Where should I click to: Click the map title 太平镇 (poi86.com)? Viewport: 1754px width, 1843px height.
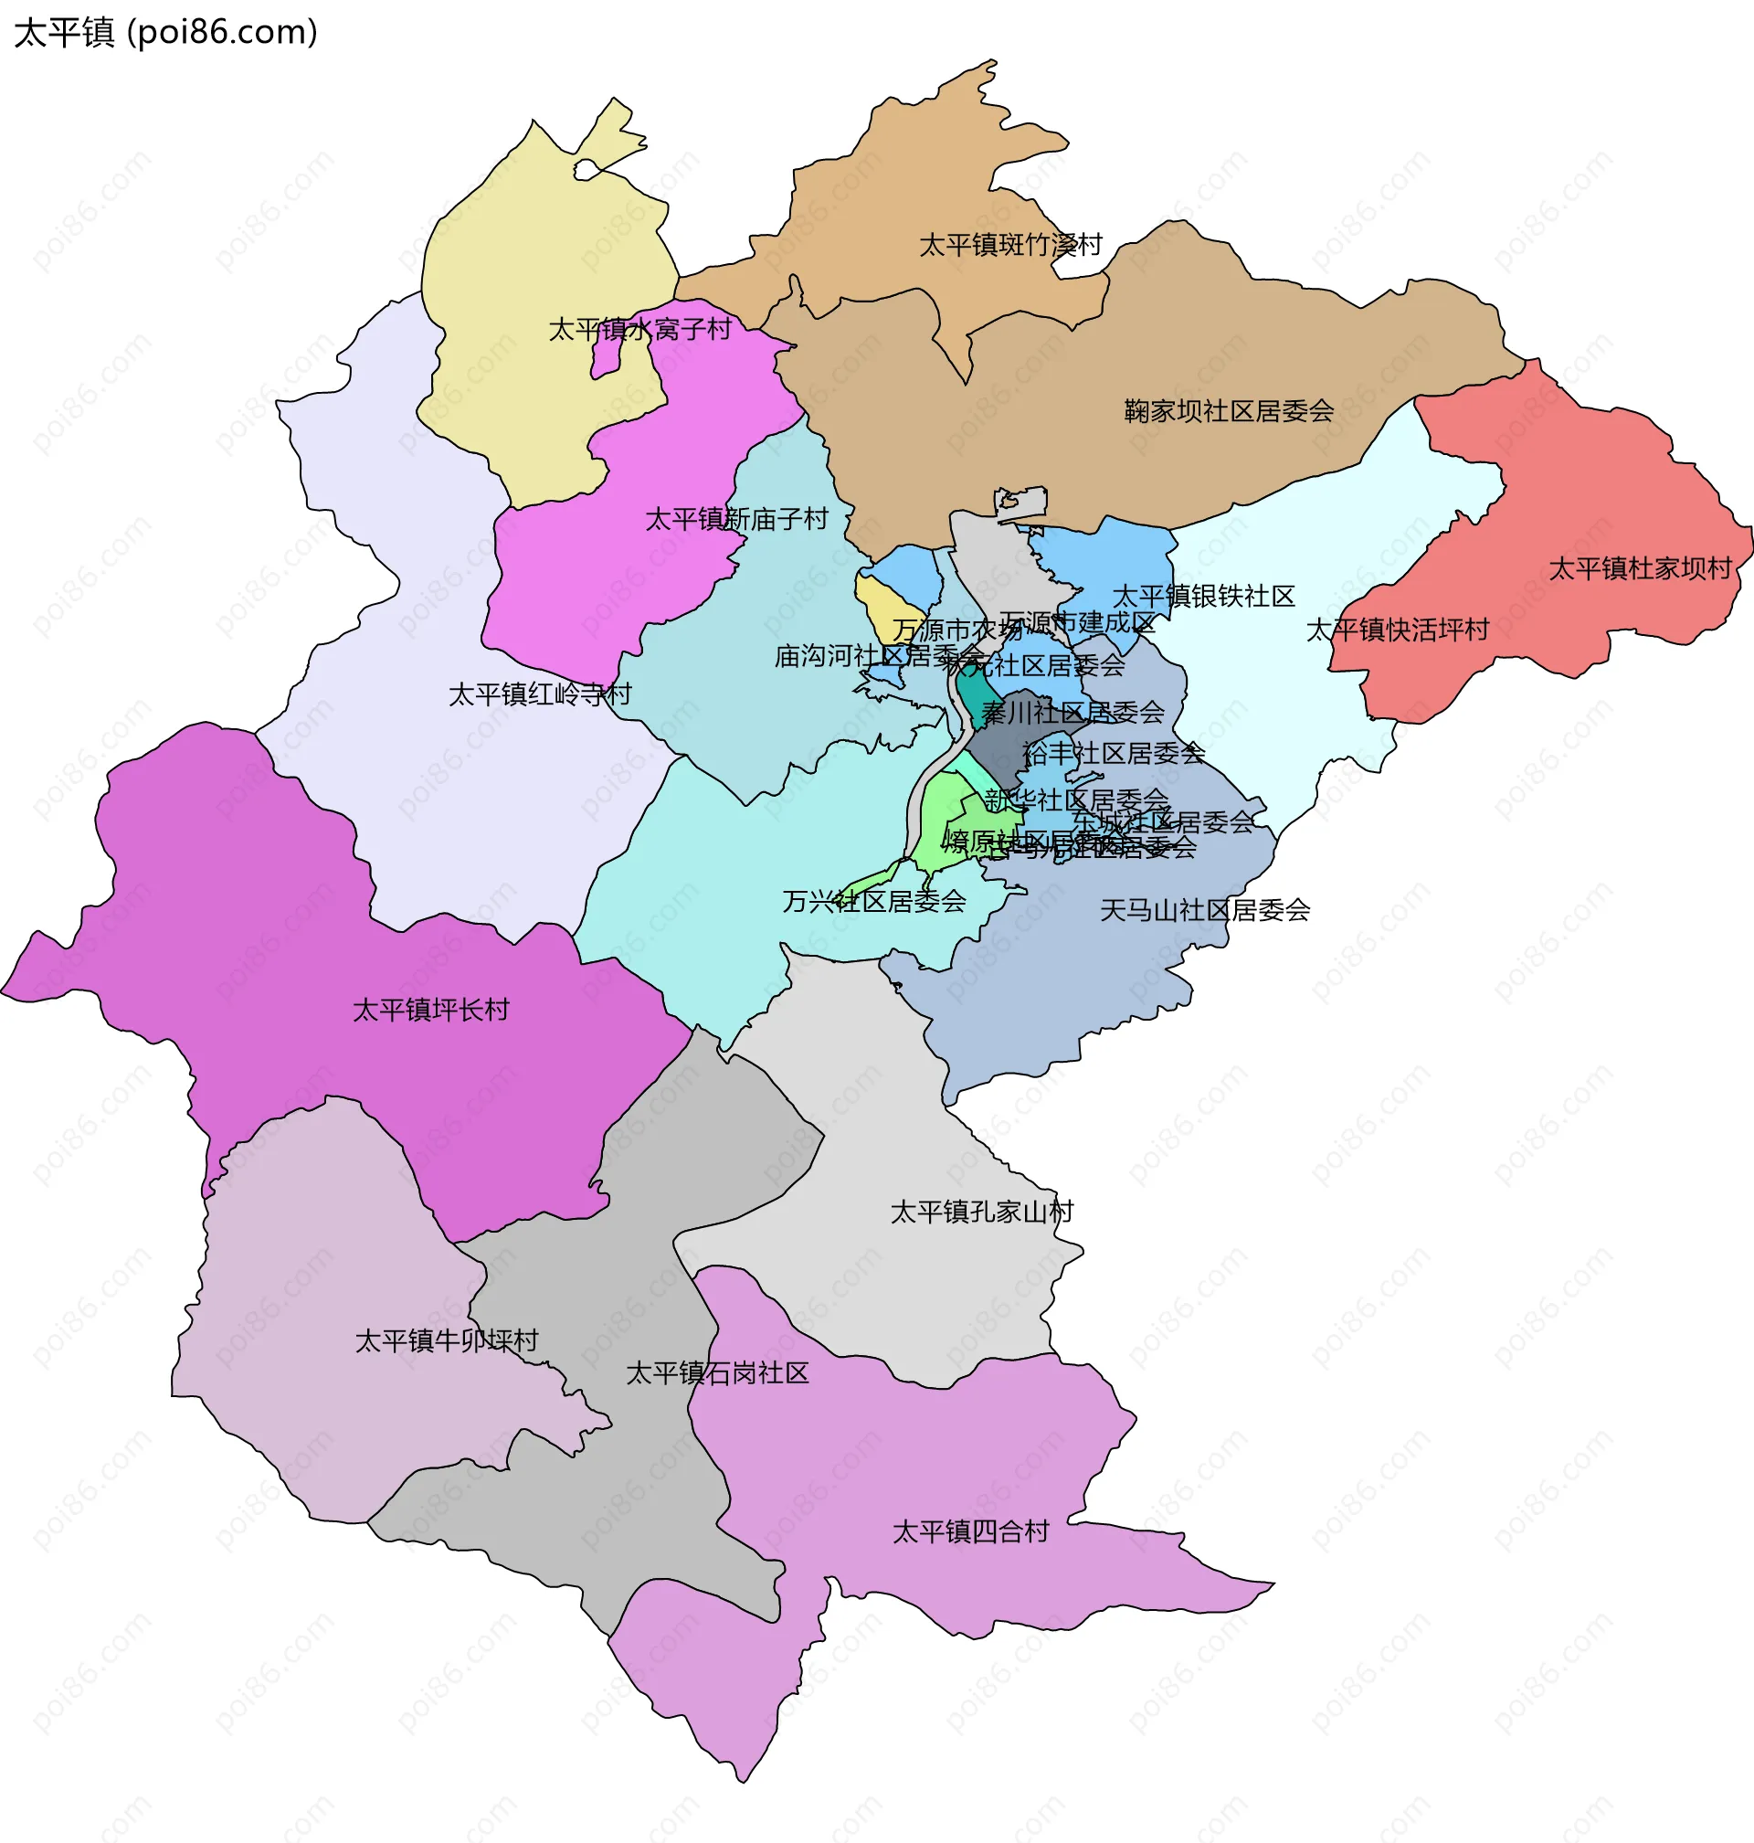pyautogui.click(x=165, y=33)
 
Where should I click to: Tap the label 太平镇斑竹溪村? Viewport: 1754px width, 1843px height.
pyautogui.click(x=1009, y=245)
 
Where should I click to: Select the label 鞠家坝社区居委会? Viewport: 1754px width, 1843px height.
pyautogui.click(x=1228, y=410)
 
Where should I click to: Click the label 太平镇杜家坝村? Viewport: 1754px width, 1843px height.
pyautogui.click(x=1640, y=568)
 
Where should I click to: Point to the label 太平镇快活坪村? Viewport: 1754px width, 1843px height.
pyautogui.click(x=1397, y=630)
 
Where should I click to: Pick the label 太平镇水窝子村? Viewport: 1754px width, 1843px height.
pyautogui.click(x=639, y=329)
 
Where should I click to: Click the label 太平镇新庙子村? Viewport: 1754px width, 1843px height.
pyautogui.click(x=736, y=519)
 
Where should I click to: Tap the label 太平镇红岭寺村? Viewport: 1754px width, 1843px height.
pyautogui.click(x=540, y=694)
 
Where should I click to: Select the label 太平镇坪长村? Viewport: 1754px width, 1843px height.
pyautogui.click(x=430, y=1010)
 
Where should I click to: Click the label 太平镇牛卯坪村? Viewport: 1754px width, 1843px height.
pyautogui.click(x=446, y=1340)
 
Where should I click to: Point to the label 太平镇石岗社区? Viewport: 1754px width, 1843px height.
pyautogui.click(x=717, y=1372)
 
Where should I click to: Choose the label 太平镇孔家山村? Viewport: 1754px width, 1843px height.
pyautogui.click(x=981, y=1212)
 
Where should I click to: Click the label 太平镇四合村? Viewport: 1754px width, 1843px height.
pyautogui.click(x=970, y=1531)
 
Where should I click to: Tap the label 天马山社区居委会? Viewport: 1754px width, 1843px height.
pyautogui.click(x=1204, y=910)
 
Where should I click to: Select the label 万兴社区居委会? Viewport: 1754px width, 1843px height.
pyautogui.click(x=873, y=901)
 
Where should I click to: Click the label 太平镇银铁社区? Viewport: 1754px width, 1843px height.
pyautogui.click(x=1202, y=597)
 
